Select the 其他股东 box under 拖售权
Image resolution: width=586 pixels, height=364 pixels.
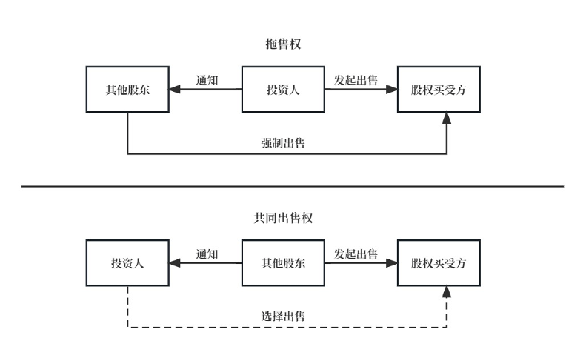point(127,90)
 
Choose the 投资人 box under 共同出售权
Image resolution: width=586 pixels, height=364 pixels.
point(127,263)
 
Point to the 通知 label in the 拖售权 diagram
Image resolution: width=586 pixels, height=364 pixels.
point(207,80)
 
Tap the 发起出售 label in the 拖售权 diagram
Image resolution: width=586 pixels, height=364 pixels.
point(356,80)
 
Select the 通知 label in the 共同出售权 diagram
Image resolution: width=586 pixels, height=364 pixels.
point(207,254)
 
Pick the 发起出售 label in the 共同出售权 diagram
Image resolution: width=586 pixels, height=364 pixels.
point(356,254)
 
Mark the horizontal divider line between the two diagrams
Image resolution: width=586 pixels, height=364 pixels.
point(293,186)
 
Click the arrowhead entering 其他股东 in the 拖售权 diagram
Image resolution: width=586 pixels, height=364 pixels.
point(175,90)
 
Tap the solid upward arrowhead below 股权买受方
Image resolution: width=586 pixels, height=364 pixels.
point(447,119)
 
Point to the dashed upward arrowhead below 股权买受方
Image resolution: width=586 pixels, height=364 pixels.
point(447,293)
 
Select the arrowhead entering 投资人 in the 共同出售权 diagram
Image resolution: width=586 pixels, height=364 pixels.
point(175,263)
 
